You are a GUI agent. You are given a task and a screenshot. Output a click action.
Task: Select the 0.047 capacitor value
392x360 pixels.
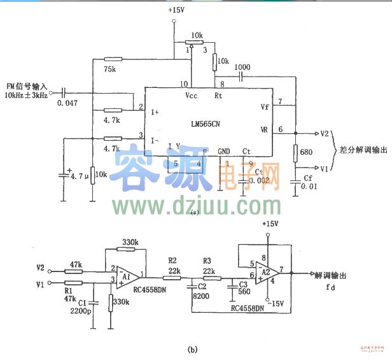[x=66, y=102]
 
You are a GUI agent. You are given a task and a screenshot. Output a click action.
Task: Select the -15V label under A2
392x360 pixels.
[x=275, y=303]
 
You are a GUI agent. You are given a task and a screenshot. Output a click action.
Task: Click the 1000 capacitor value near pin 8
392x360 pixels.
[x=242, y=67]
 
